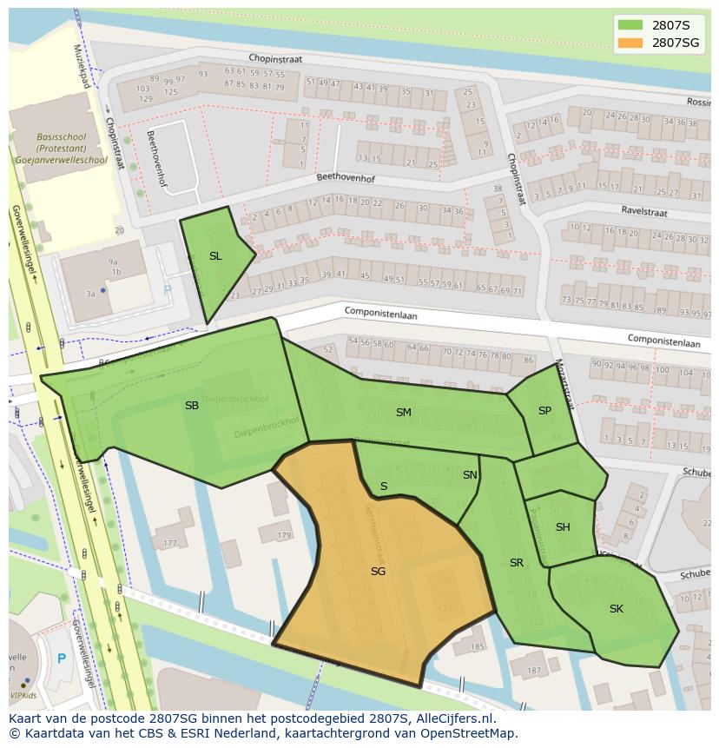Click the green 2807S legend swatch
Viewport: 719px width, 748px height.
(630, 25)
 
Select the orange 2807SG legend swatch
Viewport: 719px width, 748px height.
(630, 43)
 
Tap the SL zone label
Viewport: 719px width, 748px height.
(215, 256)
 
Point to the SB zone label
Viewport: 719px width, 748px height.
(192, 406)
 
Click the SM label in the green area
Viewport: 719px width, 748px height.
(404, 413)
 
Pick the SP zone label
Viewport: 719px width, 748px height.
(544, 411)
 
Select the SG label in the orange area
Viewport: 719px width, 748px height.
(378, 572)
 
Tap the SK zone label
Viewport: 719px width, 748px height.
(616, 609)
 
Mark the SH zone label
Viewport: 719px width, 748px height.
(563, 527)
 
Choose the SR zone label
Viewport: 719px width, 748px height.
(517, 563)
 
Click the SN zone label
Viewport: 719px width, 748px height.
(470, 475)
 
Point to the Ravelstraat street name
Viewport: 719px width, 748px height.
(643, 210)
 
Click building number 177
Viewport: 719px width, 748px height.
(168, 544)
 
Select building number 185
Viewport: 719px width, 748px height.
(477, 647)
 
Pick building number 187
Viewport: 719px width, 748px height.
(533, 671)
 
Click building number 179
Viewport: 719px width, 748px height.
(283, 536)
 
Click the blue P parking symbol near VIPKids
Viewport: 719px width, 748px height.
(61, 659)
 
